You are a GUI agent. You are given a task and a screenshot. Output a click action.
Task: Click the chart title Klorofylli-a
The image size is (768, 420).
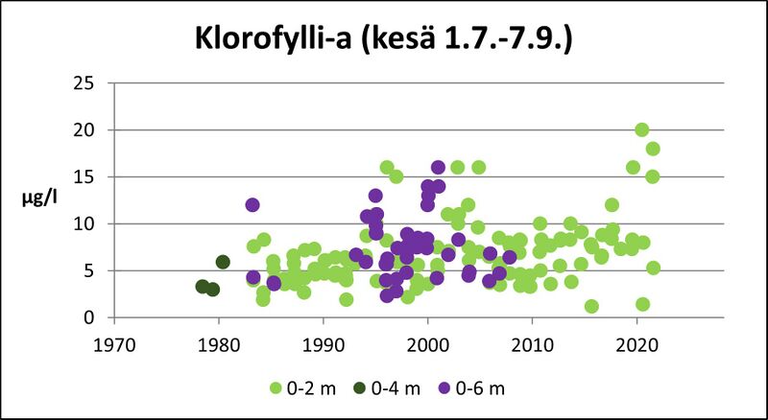[x=384, y=41]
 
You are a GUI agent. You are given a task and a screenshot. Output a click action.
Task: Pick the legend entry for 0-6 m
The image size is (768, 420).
[x=485, y=388]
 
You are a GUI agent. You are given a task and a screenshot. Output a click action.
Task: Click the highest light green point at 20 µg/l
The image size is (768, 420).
[x=641, y=130]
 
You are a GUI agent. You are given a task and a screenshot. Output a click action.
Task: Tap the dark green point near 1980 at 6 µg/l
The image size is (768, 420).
[x=223, y=262]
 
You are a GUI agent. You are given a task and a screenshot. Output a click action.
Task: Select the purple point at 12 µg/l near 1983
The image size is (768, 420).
[x=252, y=205]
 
